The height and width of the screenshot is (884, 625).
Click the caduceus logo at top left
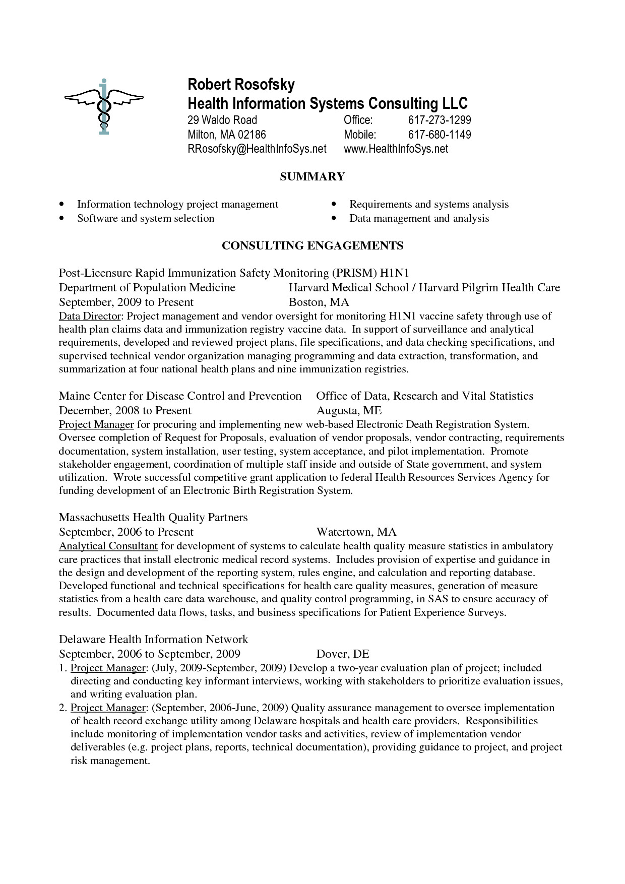coord(103,106)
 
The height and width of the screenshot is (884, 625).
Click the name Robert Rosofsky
coord(241,84)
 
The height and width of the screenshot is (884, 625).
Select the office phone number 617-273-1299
coord(439,120)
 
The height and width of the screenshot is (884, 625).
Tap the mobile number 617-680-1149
coord(439,135)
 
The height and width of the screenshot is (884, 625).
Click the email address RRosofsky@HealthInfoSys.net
coord(257,149)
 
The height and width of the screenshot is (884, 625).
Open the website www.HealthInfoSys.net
coord(396,149)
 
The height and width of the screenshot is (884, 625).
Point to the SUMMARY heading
coord(312,176)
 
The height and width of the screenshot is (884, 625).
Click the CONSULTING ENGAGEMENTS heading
coord(312,245)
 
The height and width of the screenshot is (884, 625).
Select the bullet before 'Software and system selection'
coord(61,219)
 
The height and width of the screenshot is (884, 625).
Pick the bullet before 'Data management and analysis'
coord(334,219)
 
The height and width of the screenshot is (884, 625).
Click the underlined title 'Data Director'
coord(90,317)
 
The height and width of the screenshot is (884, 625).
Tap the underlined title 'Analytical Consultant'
coord(108,546)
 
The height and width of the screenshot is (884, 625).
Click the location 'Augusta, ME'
coord(349,410)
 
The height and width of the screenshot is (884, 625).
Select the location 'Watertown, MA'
coord(356,532)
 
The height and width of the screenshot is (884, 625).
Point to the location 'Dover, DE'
coord(343,654)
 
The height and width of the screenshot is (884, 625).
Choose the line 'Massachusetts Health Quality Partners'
coord(153,518)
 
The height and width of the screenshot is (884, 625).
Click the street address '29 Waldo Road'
coord(222,120)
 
